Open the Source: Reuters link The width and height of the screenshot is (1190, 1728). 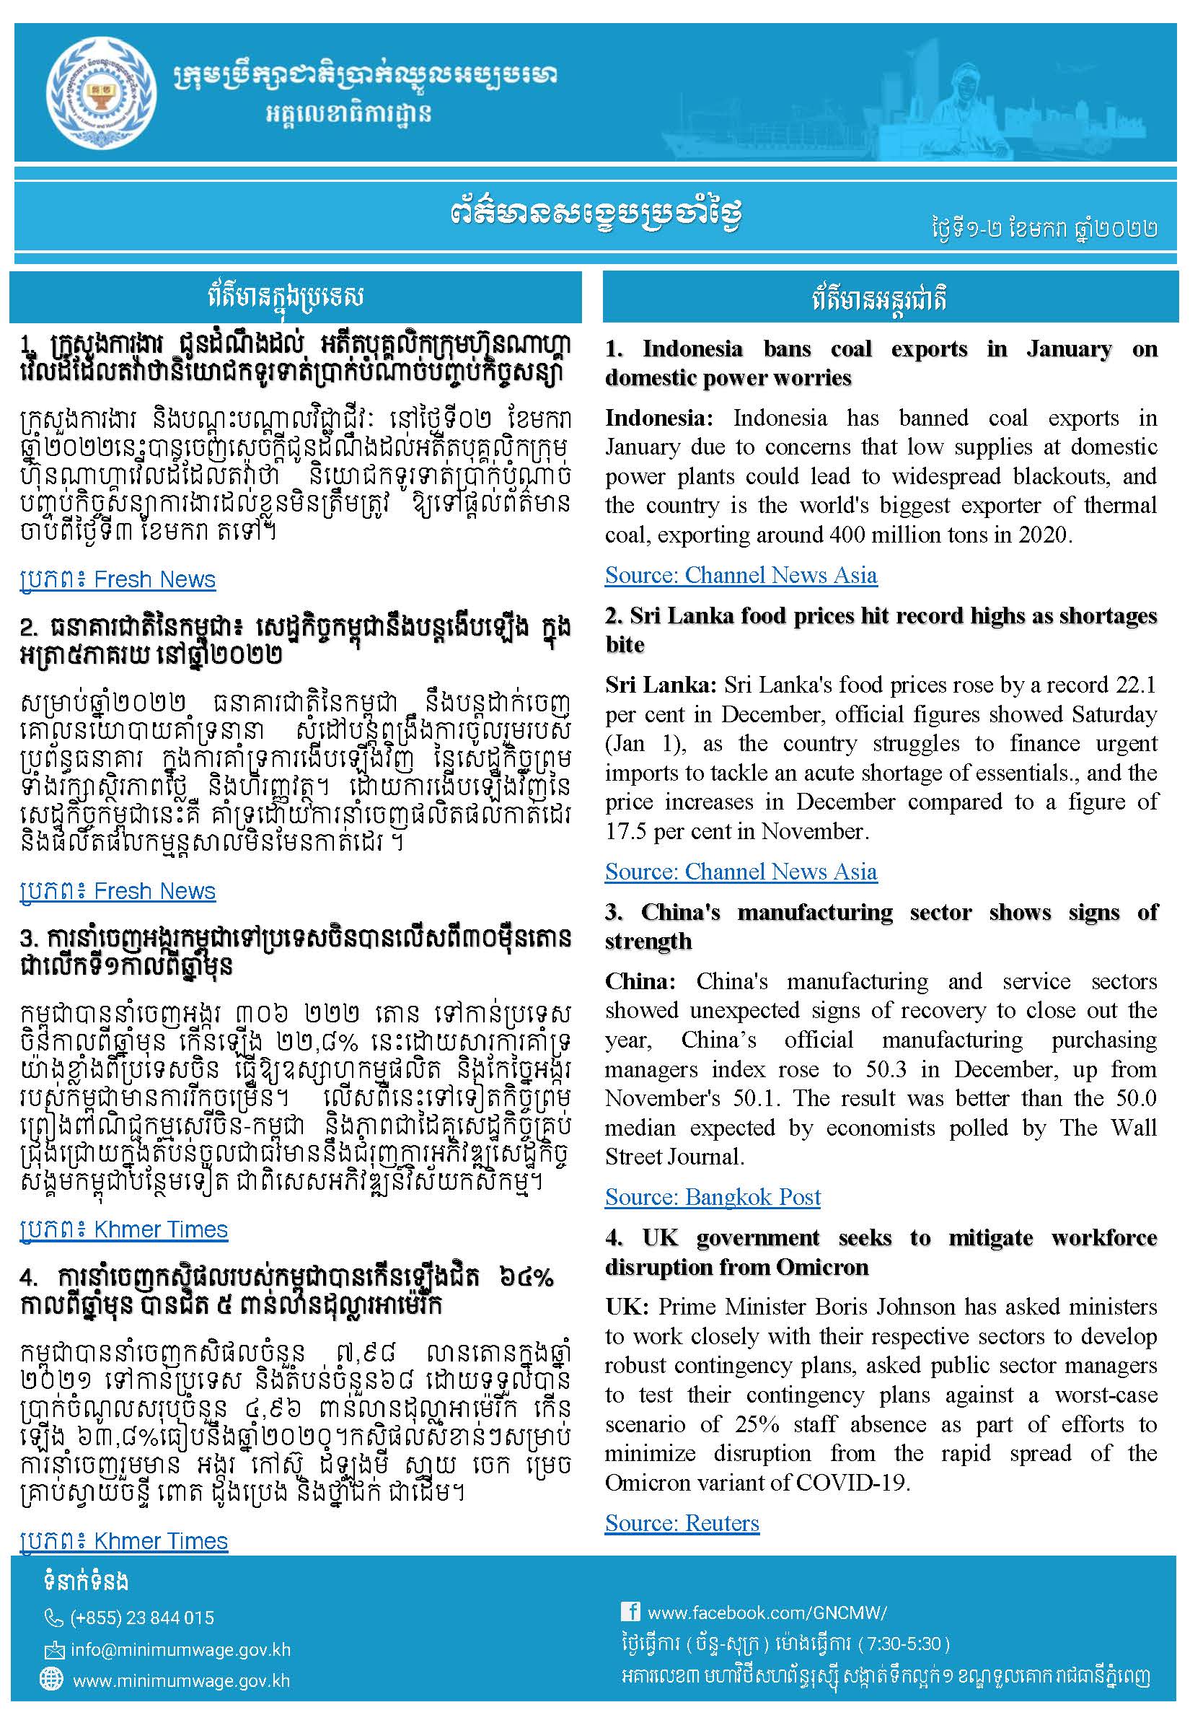682,1523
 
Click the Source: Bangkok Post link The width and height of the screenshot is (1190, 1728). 712,1197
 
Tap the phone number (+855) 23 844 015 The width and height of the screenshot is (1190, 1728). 141,1618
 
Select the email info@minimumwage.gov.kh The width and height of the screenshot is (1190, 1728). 180,1649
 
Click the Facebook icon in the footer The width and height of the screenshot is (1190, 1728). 630,1612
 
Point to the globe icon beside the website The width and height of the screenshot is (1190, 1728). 51,1679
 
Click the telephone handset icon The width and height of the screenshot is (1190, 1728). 53,1618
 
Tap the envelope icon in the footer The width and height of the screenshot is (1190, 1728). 53,1649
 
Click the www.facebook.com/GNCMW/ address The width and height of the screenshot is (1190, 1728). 767,1613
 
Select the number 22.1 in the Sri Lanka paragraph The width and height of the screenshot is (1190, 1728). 1136,685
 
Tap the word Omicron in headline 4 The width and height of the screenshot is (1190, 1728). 822,1267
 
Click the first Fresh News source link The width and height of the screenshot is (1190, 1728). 118,579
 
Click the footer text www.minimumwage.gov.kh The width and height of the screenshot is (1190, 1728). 181,1681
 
